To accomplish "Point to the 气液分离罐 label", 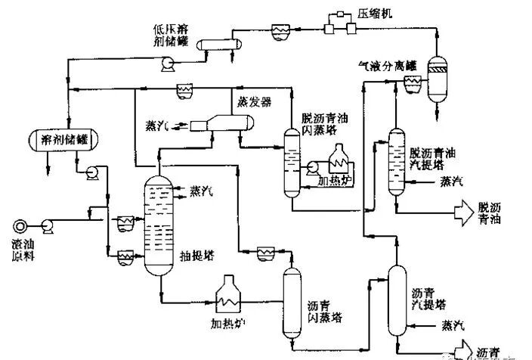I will coord(388,67).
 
